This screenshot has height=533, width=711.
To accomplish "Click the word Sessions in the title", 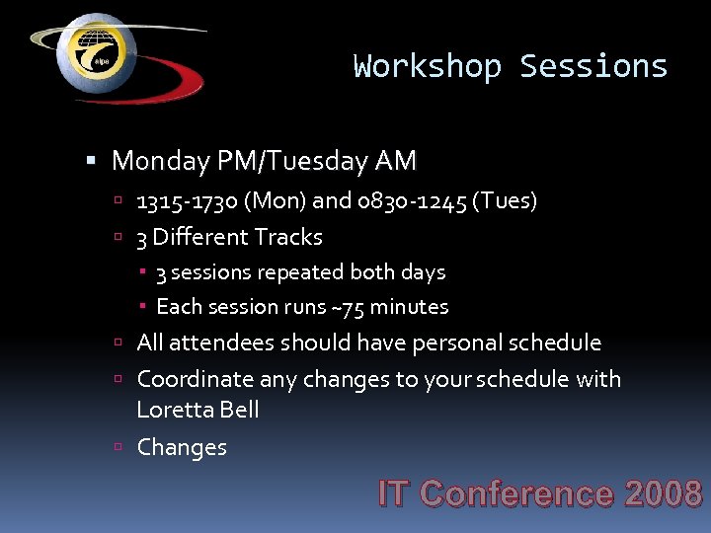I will (593, 66).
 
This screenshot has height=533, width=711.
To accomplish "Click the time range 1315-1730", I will (187, 201).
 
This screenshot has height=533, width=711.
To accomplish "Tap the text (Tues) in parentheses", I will (506, 201).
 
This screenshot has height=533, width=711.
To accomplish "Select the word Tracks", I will (288, 238).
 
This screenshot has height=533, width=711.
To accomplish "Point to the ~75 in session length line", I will (347, 307).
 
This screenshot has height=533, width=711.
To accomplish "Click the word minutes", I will (409, 307).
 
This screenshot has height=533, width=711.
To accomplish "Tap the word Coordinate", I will (196, 380).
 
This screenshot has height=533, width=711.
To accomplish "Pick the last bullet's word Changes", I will (182, 447).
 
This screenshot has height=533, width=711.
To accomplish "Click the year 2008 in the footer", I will (663, 494).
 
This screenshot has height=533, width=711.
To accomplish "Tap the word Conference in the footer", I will (515, 494).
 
